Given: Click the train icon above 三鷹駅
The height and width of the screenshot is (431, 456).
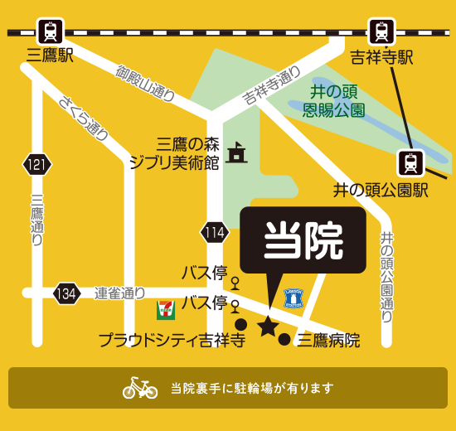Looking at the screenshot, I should click(51, 31).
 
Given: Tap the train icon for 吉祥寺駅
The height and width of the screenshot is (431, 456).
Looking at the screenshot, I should click(381, 31).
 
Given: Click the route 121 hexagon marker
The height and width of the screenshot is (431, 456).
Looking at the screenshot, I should click(36, 165).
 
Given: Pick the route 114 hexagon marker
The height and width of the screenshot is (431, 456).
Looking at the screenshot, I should click(215, 232).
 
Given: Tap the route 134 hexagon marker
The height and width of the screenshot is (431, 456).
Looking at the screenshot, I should click(67, 293).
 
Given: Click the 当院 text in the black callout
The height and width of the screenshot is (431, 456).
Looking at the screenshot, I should click(303, 241).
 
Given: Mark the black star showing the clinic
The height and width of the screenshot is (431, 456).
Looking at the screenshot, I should click(267, 327).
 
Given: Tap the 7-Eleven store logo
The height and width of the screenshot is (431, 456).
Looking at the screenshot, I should click(166, 310).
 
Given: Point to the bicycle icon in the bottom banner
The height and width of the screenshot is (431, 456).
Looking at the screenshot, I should click(140, 387).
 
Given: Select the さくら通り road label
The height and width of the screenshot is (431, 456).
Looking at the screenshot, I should click(85, 116).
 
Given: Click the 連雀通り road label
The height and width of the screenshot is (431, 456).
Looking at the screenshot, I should click(119, 293).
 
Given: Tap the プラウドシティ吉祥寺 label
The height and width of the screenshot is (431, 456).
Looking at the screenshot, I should click(172, 340).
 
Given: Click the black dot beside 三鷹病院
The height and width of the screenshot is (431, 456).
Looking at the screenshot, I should click(284, 339).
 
